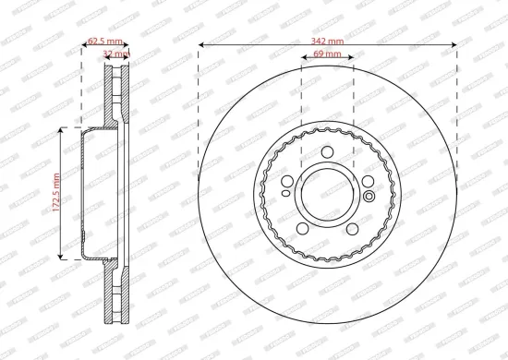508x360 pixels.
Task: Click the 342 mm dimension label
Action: point(328,42)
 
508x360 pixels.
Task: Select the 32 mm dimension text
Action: point(115,54)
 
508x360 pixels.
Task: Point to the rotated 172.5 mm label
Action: point(56,194)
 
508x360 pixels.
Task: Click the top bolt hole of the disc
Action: point(328,153)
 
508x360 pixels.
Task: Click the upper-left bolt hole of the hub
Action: point(287,181)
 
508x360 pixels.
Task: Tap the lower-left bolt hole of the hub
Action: point(303,228)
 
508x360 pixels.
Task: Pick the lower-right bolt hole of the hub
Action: point(352,228)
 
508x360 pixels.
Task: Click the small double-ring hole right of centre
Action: point(369,195)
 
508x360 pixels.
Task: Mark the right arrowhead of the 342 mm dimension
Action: point(455,46)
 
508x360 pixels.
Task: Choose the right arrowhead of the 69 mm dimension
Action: point(352,61)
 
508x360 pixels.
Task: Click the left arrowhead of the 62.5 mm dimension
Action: point(84,46)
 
